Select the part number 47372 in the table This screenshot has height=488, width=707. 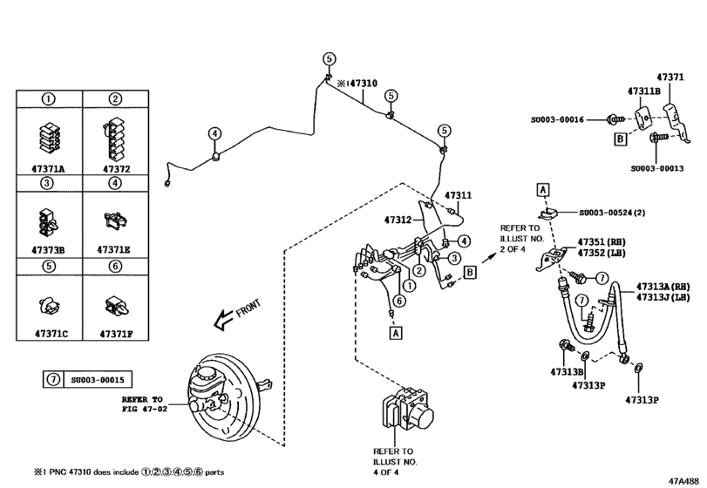click(x=116, y=168)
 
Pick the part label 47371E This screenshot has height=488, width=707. click(x=116, y=247)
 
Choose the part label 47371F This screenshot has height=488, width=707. click(x=116, y=333)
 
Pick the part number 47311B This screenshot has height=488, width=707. click(x=644, y=91)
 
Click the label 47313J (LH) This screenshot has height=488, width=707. click(x=663, y=296)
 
